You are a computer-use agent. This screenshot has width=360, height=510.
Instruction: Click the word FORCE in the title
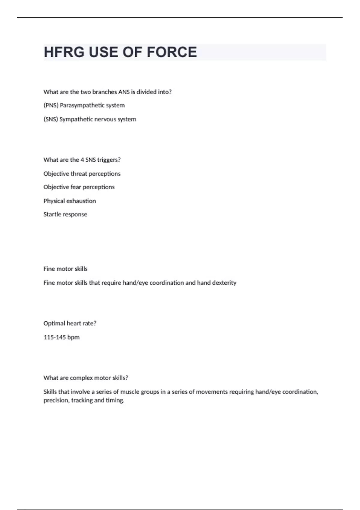tap(172, 52)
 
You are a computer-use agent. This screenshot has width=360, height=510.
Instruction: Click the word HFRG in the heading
tap(64, 52)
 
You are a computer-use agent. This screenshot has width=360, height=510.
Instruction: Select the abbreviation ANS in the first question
tap(124, 92)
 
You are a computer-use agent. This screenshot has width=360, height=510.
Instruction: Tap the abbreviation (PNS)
tap(51, 105)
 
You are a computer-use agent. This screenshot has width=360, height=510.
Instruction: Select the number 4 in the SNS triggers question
tap(82, 160)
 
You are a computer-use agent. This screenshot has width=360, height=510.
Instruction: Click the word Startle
tap(52, 214)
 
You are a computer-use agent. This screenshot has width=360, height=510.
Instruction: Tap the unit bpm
tap(73, 337)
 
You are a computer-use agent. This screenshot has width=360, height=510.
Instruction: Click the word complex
tap(80, 378)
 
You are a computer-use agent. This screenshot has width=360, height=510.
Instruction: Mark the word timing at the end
tap(115, 400)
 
